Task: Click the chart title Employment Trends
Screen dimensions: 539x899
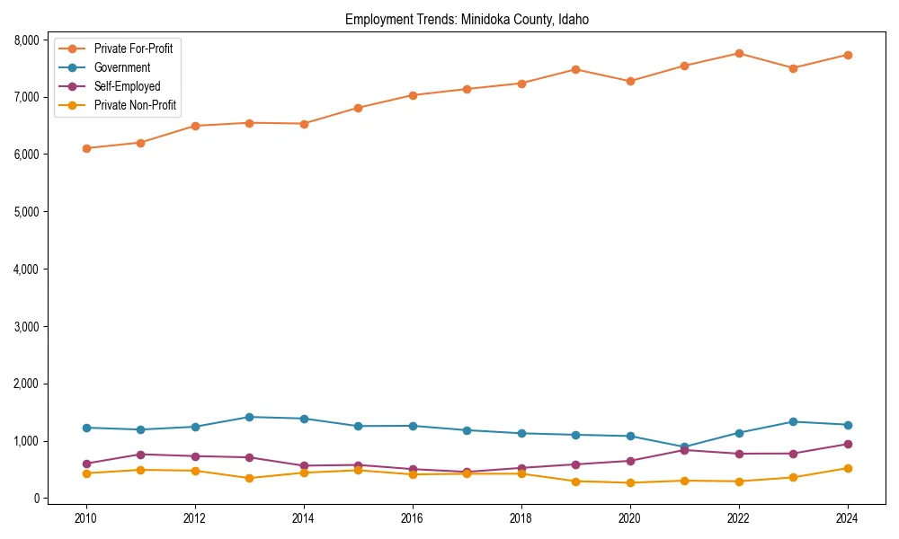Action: tap(467, 20)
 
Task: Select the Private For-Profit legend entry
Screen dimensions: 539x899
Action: tap(133, 49)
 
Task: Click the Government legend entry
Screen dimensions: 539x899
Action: tap(122, 67)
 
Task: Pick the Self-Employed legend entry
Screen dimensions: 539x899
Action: tap(127, 86)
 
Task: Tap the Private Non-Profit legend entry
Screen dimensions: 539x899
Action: tap(135, 105)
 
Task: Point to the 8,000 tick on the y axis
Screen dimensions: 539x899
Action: tap(25, 40)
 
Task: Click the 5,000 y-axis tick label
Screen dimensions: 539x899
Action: tap(25, 212)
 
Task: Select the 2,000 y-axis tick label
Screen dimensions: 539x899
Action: tap(25, 384)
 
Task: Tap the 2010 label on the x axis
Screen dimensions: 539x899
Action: tap(86, 518)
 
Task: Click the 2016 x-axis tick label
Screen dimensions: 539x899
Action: tap(413, 518)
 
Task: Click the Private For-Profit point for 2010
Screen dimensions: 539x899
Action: tap(86, 148)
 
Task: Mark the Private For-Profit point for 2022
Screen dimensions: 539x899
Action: tap(739, 53)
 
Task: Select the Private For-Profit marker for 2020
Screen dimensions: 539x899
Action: tap(630, 81)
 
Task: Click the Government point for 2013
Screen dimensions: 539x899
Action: tap(249, 417)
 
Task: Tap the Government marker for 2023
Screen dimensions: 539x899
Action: tap(793, 421)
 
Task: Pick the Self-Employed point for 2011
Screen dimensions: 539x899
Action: tap(140, 455)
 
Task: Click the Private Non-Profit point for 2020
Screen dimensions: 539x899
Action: tap(630, 482)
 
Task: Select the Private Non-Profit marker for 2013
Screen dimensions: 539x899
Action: tap(249, 478)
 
